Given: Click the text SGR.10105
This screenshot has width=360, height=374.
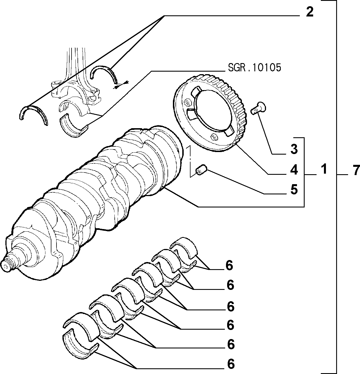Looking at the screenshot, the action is tap(254, 67).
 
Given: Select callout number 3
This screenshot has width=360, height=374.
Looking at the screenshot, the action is tap(294, 149).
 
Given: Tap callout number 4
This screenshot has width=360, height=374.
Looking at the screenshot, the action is tap(294, 170).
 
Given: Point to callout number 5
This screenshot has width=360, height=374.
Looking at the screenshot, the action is tap(294, 189).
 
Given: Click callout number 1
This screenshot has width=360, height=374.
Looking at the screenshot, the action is tap(324, 169).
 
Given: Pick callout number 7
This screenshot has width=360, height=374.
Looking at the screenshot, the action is tap(356, 170).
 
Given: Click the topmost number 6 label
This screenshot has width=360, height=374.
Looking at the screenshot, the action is tap(229, 265).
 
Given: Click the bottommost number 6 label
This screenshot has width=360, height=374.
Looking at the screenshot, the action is tap(231, 364).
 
